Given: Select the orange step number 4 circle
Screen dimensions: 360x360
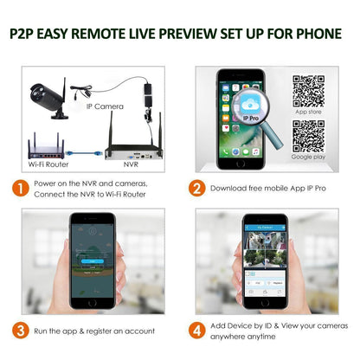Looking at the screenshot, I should [x=196, y=330].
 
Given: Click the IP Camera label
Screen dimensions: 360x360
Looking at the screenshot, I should [x=105, y=106].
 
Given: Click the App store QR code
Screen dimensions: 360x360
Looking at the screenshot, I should [x=308, y=90].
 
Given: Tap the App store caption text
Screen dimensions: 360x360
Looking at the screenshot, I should [x=308, y=111].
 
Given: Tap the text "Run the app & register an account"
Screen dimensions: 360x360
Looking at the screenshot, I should [x=95, y=331].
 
